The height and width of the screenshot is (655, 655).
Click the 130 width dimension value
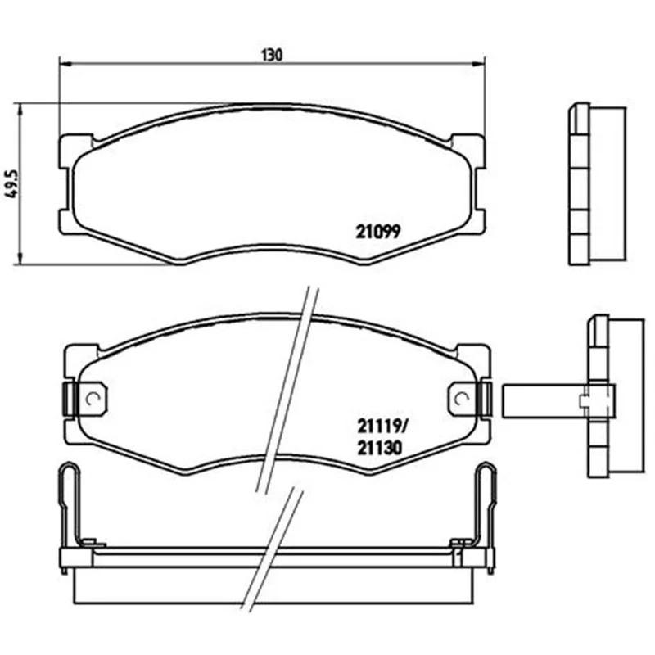[x=272, y=55]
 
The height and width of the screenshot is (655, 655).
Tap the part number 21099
[x=378, y=232]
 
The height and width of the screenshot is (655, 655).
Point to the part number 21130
[x=379, y=448]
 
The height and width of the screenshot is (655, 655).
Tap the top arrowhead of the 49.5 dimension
[x=19, y=111]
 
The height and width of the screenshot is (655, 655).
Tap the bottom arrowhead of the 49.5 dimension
[x=19, y=258]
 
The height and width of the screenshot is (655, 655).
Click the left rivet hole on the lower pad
[x=91, y=400]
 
